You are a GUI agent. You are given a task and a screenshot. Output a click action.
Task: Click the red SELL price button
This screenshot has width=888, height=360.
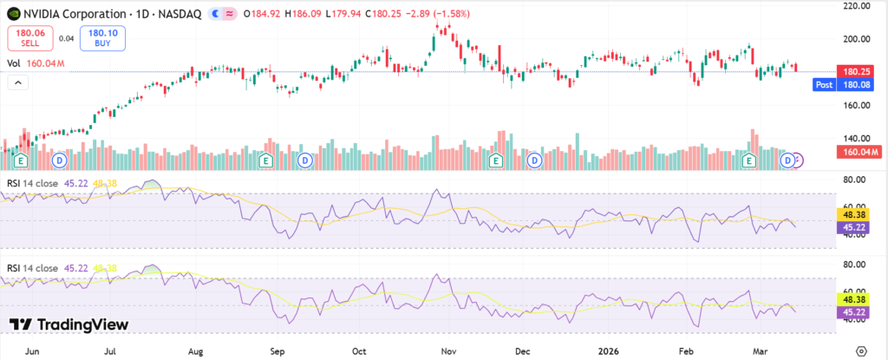29,38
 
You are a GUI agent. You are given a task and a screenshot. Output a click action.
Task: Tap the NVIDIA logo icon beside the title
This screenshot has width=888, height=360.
13,13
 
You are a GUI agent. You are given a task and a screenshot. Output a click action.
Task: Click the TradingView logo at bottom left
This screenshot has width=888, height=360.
69,324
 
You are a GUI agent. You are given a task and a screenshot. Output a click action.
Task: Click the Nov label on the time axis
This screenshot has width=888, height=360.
447,352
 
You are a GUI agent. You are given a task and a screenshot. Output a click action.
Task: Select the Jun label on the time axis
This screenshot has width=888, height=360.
34,352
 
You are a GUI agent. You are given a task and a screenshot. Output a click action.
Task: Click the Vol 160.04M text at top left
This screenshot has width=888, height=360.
30,63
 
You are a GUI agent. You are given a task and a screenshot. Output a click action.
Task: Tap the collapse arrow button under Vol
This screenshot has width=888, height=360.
17,82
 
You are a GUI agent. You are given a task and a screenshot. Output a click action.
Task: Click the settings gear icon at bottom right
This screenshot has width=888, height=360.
861,350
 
